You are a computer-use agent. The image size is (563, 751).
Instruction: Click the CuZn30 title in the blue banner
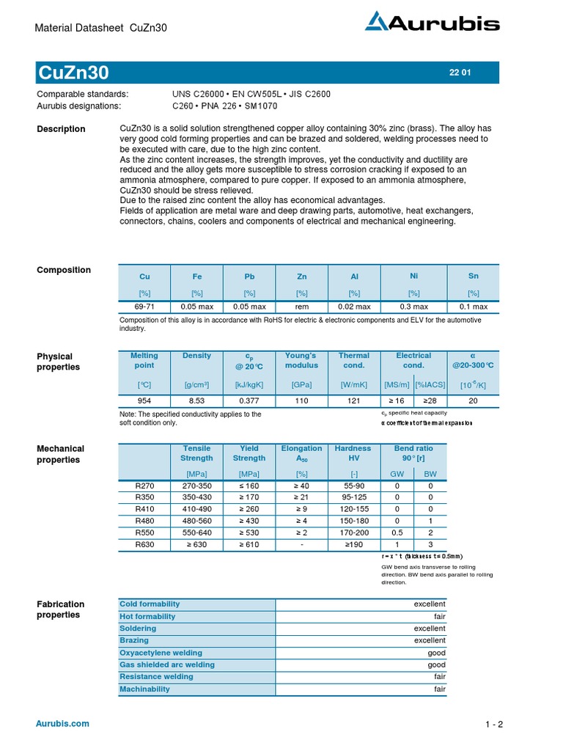[73, 73]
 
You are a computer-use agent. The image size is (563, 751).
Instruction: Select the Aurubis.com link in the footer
[62, 723]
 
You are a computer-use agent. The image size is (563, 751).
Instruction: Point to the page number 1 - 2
[494, 725]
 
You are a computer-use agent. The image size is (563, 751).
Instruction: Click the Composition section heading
[64, 270]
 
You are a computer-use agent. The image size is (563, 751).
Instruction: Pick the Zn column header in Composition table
[302, 276]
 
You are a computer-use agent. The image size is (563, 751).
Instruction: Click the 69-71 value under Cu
[144, 307]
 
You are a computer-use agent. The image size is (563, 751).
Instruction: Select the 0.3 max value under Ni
[413, 307]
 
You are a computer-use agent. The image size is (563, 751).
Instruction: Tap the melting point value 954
[144, 401]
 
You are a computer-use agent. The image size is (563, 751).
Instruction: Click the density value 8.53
[196, 401]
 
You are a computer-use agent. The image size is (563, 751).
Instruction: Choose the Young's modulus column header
[302, 360]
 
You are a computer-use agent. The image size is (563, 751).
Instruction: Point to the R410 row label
[144, 508]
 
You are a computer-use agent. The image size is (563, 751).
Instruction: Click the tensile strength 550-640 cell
[196, 532]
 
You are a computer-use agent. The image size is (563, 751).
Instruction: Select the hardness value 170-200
[353, 532]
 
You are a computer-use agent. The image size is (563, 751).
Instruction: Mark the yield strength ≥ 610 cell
[249, 544]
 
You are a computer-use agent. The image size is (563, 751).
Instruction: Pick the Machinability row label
[144, 689]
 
